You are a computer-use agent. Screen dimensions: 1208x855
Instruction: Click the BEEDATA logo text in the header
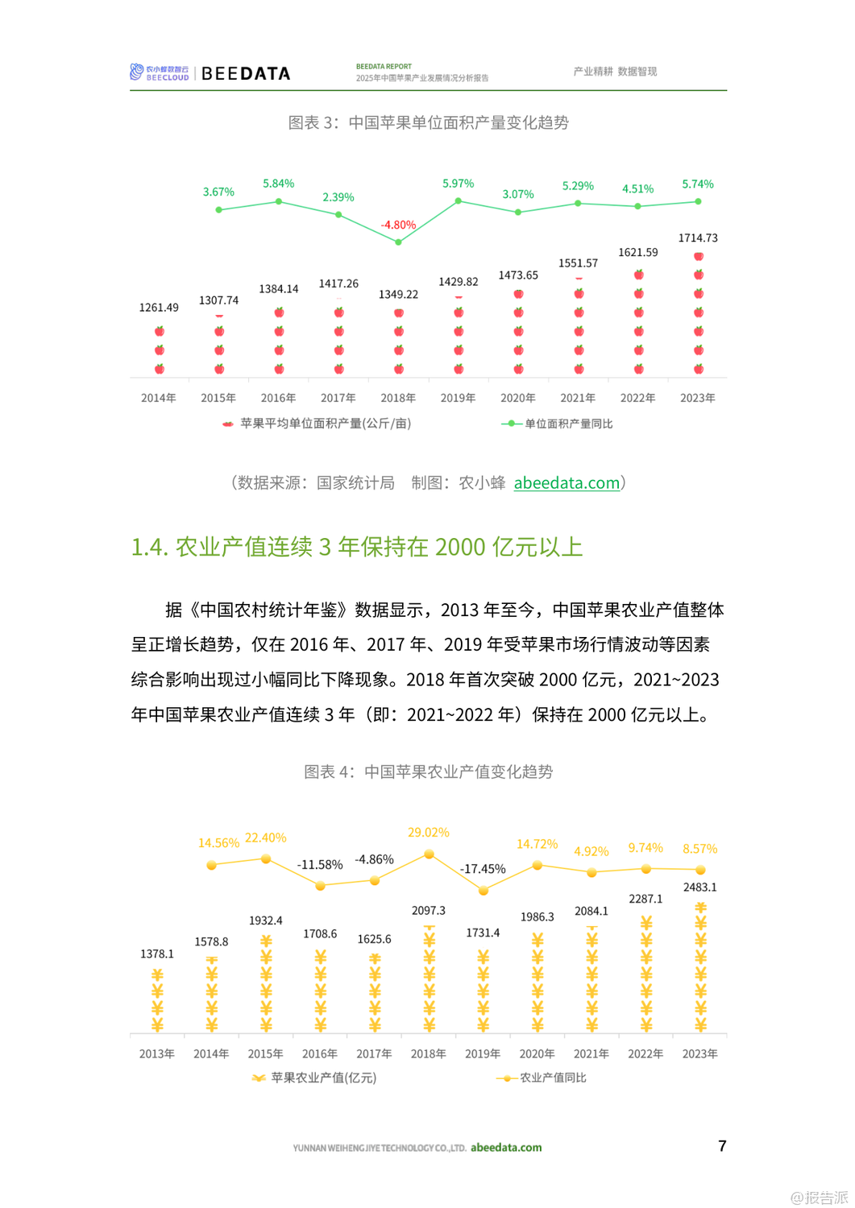245,73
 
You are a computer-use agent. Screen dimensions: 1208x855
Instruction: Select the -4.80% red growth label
398,225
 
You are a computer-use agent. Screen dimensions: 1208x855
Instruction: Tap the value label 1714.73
697,238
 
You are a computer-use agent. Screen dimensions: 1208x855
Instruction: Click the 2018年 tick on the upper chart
398,398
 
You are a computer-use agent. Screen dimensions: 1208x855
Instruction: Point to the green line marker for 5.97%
459,201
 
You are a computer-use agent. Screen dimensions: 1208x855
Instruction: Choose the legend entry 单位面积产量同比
568,424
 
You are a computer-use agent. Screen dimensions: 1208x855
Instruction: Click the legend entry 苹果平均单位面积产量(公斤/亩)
325,424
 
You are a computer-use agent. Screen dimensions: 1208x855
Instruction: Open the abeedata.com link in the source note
567,483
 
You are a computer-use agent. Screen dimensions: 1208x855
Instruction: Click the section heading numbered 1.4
356,547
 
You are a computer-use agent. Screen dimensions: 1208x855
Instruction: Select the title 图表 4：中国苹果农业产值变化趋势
428,772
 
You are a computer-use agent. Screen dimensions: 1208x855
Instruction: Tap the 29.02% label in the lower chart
428,832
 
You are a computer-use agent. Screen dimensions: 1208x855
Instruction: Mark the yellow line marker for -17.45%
484,891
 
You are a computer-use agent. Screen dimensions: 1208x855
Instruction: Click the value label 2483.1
699,887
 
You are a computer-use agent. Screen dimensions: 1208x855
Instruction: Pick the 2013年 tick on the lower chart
156,1053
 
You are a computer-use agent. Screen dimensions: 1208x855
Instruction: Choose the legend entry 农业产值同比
553,1078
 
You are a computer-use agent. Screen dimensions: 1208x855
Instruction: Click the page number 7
722,1146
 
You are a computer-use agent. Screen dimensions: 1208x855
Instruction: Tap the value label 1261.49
159,308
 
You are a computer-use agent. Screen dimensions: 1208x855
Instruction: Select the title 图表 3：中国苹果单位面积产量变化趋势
428,122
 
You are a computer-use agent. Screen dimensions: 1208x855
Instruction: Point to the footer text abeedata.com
506,1148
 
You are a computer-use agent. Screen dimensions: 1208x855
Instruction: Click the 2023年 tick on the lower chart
699,1053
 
